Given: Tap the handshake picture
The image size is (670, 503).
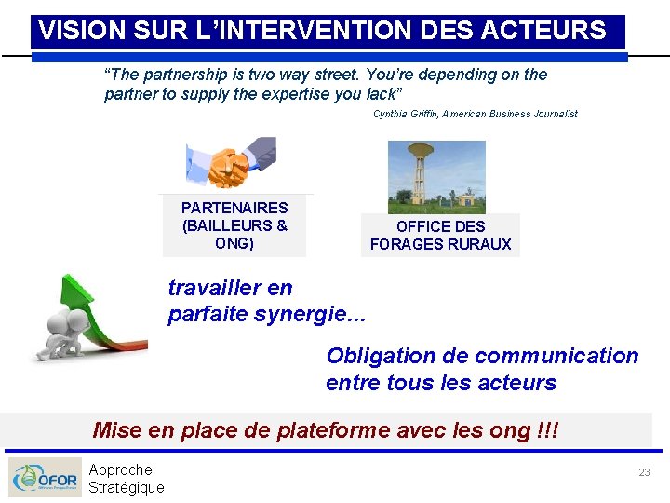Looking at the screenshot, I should click(232, 163).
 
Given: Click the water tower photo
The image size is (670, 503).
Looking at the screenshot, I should click(436, 177).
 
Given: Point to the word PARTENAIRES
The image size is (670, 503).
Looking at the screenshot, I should click(234, 208).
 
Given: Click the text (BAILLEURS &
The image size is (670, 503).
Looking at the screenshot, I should click(234, 225).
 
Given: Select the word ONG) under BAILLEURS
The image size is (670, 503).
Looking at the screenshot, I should click(234, 243).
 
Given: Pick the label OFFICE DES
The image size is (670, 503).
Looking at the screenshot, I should click(440, 226).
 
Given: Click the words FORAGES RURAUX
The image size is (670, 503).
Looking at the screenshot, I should click(440, 244).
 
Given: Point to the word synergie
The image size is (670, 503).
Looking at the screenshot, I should click(307, 314).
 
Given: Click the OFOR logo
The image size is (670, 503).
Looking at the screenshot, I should click(45, 478).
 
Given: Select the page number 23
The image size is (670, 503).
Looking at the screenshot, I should click(644, 473).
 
